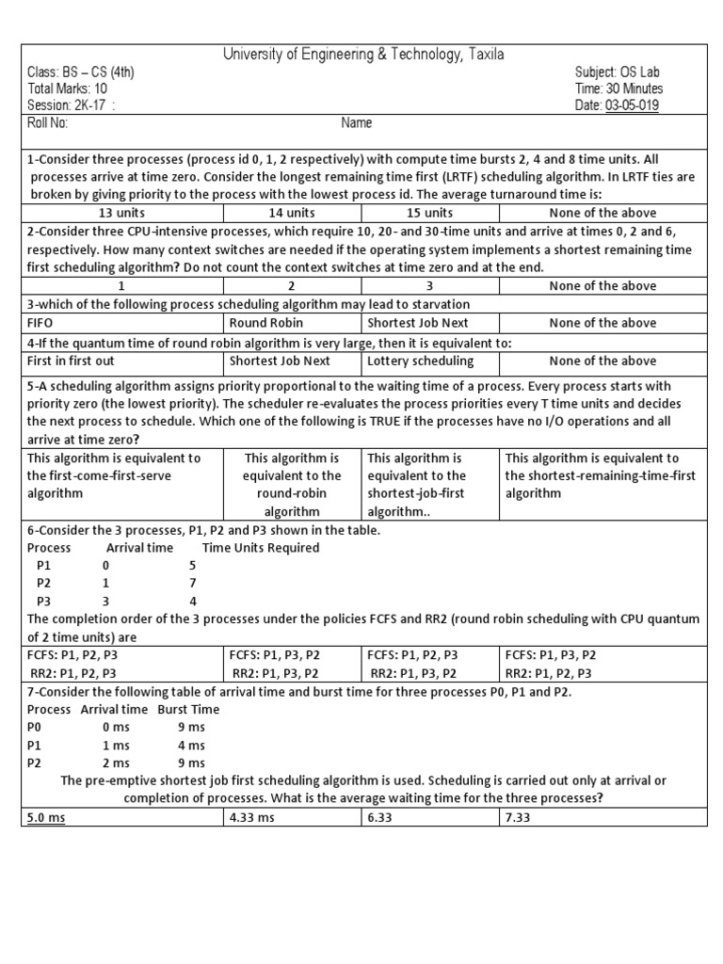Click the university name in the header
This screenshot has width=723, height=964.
(362, 55)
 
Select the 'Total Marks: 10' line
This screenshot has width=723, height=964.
(67, 88)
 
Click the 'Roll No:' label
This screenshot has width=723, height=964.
(48, 122)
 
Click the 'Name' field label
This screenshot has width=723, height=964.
(356, 122)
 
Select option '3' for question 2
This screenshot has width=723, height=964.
(429, 285)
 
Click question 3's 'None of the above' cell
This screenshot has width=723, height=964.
(602, 323)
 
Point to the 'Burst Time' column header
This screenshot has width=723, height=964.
(188, 709)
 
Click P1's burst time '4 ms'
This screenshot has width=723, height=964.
(190, 745)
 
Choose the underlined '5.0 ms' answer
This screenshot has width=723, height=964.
(46, 817)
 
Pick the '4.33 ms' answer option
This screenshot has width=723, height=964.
(252, 817)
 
